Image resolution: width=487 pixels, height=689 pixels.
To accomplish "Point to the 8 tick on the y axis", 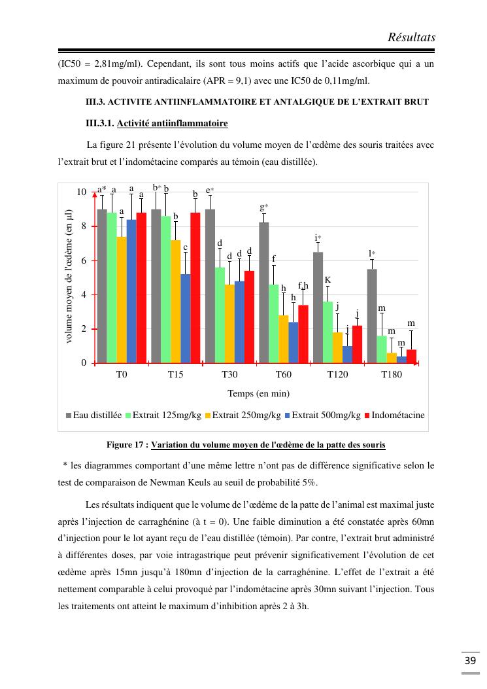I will click(82, 226).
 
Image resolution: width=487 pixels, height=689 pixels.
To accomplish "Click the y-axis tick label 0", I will click(83, 363).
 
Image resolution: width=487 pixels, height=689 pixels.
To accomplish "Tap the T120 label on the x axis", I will click(337, 375).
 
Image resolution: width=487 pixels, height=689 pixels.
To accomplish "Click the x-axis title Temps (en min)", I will click(258, 393).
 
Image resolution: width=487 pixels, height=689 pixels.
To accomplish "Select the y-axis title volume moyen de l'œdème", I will click(69, 276).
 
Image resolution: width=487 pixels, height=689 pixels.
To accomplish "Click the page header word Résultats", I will click(411, 37).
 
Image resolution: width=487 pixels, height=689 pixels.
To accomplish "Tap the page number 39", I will click(470, 660).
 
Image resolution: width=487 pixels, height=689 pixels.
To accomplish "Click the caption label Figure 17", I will click(127, 446).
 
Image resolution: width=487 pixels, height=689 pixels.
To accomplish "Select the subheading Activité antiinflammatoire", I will click(173, 123).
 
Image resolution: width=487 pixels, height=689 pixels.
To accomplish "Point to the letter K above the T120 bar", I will click(327, 280).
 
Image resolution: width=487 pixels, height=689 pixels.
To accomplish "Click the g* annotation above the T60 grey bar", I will click(264, 207).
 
